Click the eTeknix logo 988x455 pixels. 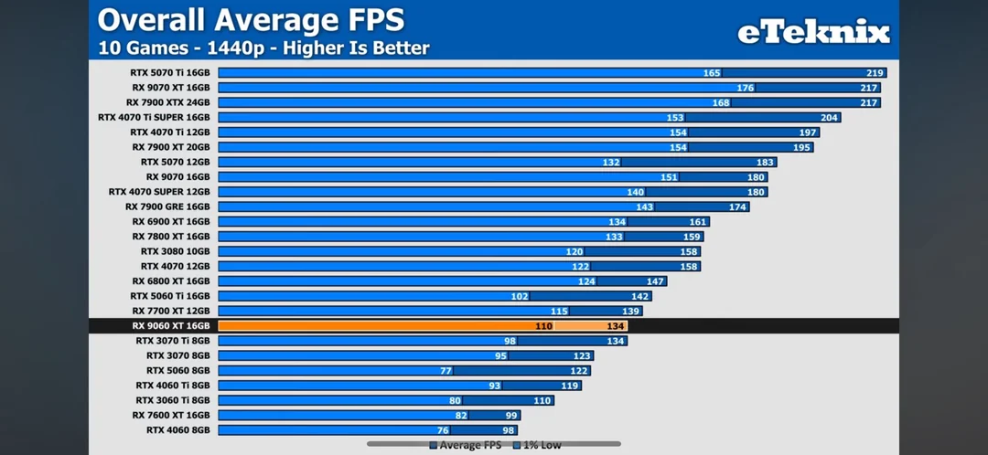(813, 33)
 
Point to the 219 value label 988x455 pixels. (875, 73)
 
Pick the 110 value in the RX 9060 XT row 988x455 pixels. (543, 326)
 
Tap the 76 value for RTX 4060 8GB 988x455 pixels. (443, 429)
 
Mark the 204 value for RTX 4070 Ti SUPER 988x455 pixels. (829, 118)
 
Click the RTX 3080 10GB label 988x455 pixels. (176, 251)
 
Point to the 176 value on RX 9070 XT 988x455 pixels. (745, 88)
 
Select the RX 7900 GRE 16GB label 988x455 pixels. (168, 206)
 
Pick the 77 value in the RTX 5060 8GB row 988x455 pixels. (446, 370)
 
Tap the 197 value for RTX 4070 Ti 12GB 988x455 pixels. (808, 132)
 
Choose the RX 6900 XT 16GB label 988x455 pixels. (171, 221)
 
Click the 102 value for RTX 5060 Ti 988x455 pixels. (520, 296)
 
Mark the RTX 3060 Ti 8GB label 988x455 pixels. (173, 399)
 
